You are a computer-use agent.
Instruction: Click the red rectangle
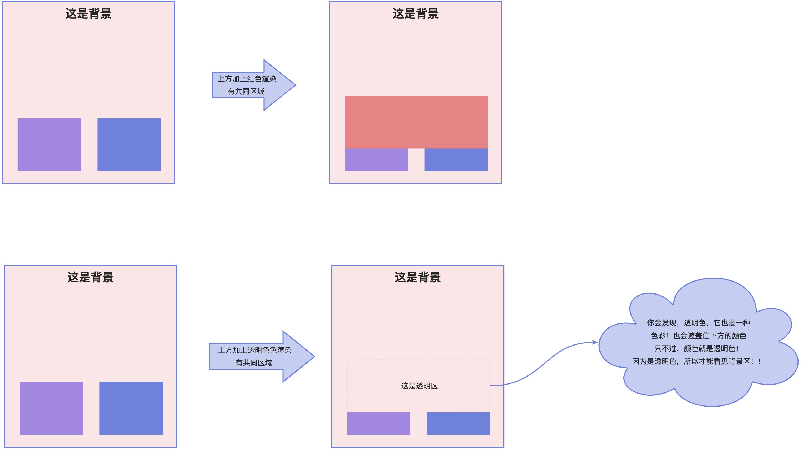[x=416, y=122]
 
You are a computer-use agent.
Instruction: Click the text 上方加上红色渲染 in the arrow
[x=247, y=79]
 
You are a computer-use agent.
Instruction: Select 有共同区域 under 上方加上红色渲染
[x=246, y=91]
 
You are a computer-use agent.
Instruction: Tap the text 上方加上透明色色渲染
[x=255, y=350]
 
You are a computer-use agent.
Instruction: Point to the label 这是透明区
[x=419, y=386]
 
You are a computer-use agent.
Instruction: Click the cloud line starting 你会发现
[x=698, y=323]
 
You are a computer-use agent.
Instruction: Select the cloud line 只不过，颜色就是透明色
[x=696, y=348]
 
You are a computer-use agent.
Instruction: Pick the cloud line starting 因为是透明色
[x=696, y=361]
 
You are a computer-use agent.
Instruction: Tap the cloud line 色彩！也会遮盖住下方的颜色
[x=698, y=336]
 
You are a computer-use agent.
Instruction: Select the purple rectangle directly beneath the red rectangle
[x=376, y=159]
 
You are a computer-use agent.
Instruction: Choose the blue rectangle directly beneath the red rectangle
[x=456, y=159]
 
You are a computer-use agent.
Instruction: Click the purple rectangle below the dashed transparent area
[x=379, y=424]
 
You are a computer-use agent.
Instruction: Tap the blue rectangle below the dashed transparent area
[x=458, y=424]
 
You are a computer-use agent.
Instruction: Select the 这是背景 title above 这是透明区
[x=418, y=277]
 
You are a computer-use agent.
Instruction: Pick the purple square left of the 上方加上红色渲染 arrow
[x=49, y=145]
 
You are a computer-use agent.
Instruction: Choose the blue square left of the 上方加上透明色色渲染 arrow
[x=131, y=408]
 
